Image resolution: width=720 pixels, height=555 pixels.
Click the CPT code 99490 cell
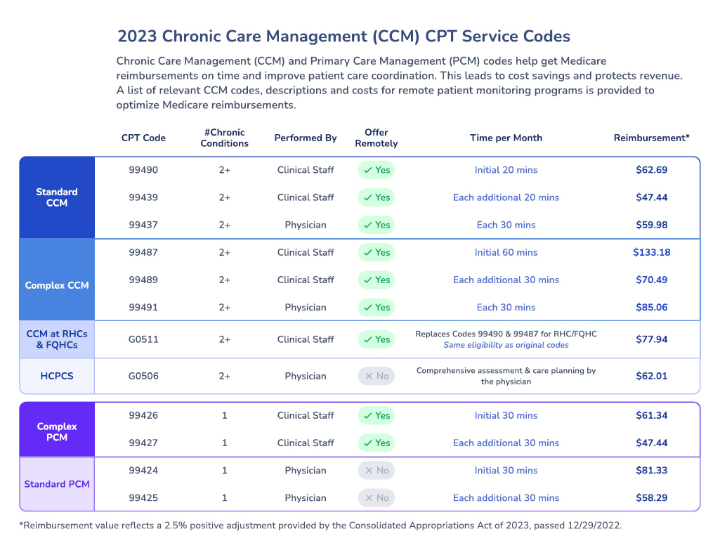click(143, 170)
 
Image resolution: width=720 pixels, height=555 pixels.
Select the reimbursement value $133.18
click(651, 252)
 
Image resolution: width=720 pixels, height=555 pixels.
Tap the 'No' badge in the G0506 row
click(376, 376)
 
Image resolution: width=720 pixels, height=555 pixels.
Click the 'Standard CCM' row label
click(57, 197)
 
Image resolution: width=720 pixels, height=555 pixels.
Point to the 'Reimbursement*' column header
click(651, 138)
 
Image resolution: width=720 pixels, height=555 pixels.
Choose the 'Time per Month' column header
click(506, 138)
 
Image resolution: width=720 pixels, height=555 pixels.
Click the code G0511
click(143, 339)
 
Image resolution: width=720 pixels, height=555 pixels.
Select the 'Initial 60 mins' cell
click(506, 252)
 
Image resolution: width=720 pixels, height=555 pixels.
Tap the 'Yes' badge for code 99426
click(376, 415)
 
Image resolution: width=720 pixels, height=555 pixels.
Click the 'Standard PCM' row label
click(57, 484)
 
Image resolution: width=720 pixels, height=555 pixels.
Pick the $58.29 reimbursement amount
click(651, 498)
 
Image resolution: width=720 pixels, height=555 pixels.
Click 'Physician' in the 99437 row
click(306, 225)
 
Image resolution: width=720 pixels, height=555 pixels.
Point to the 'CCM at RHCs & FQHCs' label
click(57, 339)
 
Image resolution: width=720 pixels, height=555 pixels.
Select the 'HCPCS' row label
click(57, 376)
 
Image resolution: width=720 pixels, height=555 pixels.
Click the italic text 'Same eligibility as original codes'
click(506, 345)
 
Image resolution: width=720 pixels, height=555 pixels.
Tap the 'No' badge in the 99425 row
click(376, 498)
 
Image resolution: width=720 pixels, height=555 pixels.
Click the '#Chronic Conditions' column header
click(224, 138)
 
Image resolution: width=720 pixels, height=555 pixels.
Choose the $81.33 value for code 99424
click(651, 471)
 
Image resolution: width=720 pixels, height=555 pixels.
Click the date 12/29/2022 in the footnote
click(596, 525)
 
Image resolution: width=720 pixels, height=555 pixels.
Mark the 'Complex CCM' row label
click(57, 285)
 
